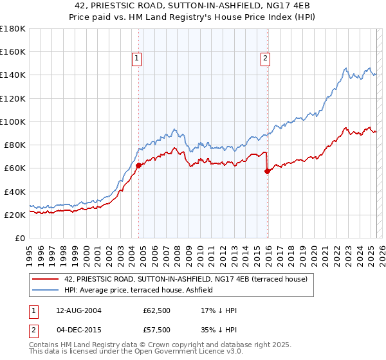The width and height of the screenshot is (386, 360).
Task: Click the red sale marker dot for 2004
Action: pos(138,165)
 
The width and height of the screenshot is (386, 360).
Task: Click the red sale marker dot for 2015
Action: pos(267,171)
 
